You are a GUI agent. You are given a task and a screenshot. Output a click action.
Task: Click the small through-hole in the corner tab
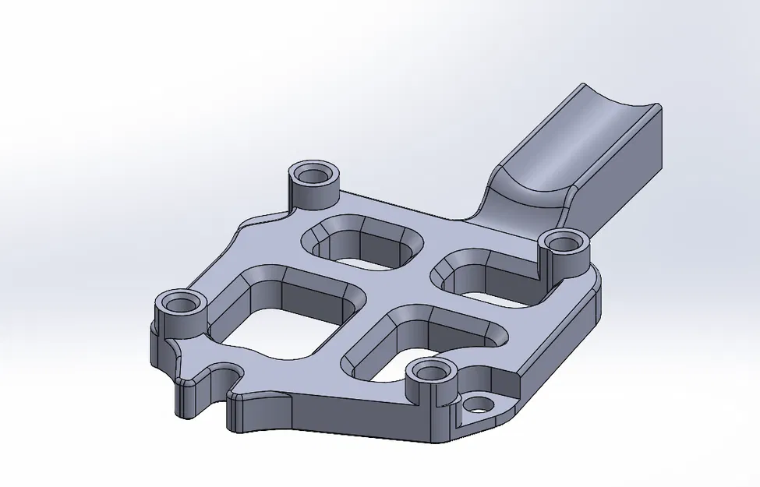[481, 404]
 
